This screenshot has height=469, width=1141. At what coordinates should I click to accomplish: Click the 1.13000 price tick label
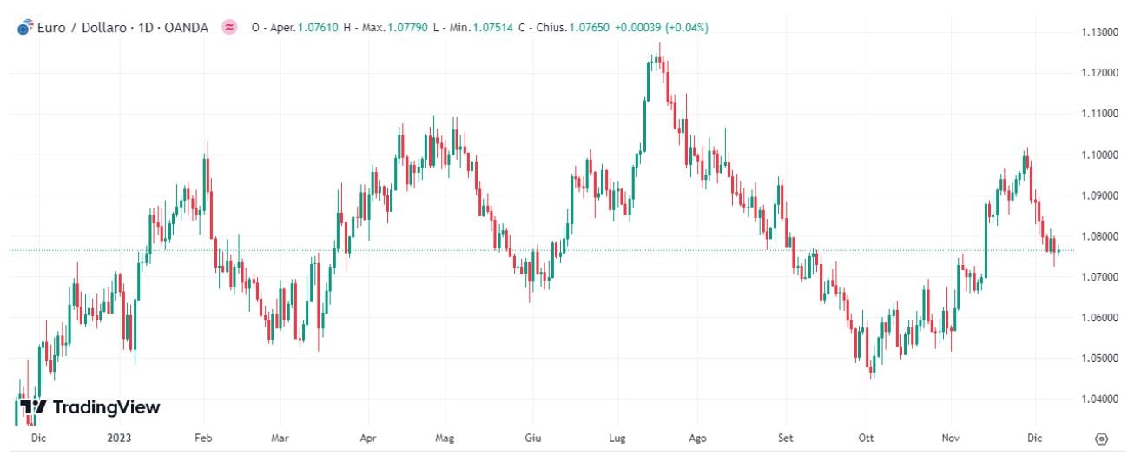point(1098,32)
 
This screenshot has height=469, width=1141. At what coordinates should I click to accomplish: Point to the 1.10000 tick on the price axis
point(1098,155)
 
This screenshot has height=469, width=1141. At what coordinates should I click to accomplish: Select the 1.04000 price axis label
point(1098,400)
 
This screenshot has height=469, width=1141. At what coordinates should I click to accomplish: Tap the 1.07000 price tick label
point(1098,277)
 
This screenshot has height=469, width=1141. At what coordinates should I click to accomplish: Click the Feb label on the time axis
point(203,439)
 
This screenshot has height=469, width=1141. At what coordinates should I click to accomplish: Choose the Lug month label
point(617,439)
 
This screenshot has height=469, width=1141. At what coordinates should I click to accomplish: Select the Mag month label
point(445,439)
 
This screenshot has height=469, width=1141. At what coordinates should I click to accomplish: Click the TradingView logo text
point(106,407)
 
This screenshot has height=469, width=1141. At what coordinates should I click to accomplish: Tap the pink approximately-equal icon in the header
point(229,28)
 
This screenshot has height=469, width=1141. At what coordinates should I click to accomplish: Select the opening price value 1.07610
point(318,28)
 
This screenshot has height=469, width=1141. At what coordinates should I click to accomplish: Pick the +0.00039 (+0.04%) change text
point(661,28)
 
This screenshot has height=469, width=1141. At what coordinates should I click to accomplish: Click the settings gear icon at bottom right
point(1101,439)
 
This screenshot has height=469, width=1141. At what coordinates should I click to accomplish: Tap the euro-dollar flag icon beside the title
point(24,28)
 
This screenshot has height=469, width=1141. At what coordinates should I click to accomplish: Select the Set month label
point(786,439)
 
